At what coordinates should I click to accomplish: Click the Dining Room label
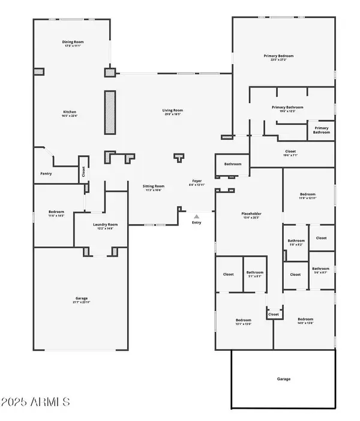(72, 42)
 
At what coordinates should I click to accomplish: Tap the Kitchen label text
(70, 112)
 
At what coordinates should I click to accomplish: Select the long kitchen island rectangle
(110, 112)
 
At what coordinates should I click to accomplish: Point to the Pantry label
(46, 174)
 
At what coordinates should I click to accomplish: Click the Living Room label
(173, 110)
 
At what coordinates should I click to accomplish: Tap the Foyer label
(196, 181)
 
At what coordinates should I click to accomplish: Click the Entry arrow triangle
(196, 216)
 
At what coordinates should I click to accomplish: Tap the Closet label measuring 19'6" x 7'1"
(290, 152)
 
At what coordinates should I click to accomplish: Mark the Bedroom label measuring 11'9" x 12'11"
(308, 194)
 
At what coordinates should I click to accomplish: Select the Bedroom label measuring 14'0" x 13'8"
(305, 319)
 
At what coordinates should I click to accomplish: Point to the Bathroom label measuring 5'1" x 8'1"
(254, 273)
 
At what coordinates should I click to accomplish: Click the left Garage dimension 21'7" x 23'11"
(82, 302)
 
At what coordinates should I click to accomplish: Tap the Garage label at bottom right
(283, 379)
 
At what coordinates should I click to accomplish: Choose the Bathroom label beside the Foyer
(233, 164)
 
